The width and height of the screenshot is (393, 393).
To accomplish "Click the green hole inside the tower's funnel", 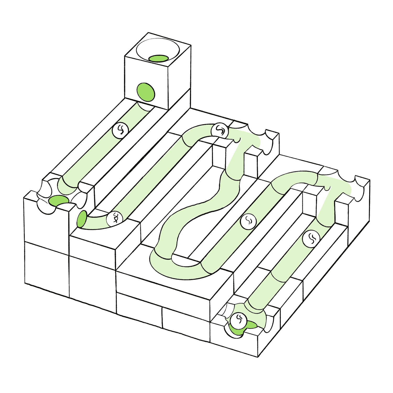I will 159,58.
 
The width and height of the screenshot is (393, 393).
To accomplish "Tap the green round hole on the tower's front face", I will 146,92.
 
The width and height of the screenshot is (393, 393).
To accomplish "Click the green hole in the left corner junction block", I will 58,200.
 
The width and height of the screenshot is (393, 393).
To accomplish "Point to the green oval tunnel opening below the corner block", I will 82,219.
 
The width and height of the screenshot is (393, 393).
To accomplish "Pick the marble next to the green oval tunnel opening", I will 115,218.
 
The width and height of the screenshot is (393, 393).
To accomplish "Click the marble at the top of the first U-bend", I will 220,130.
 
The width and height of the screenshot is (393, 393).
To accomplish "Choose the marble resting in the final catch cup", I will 238,321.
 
